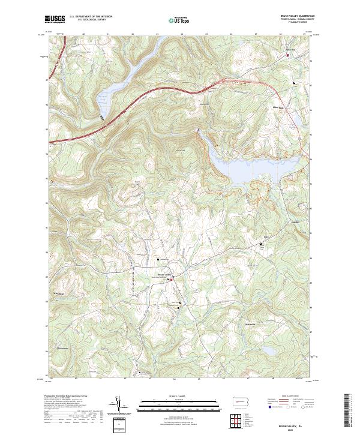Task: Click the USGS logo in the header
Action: (55, 19)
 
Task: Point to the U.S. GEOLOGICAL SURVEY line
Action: (86, 20)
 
